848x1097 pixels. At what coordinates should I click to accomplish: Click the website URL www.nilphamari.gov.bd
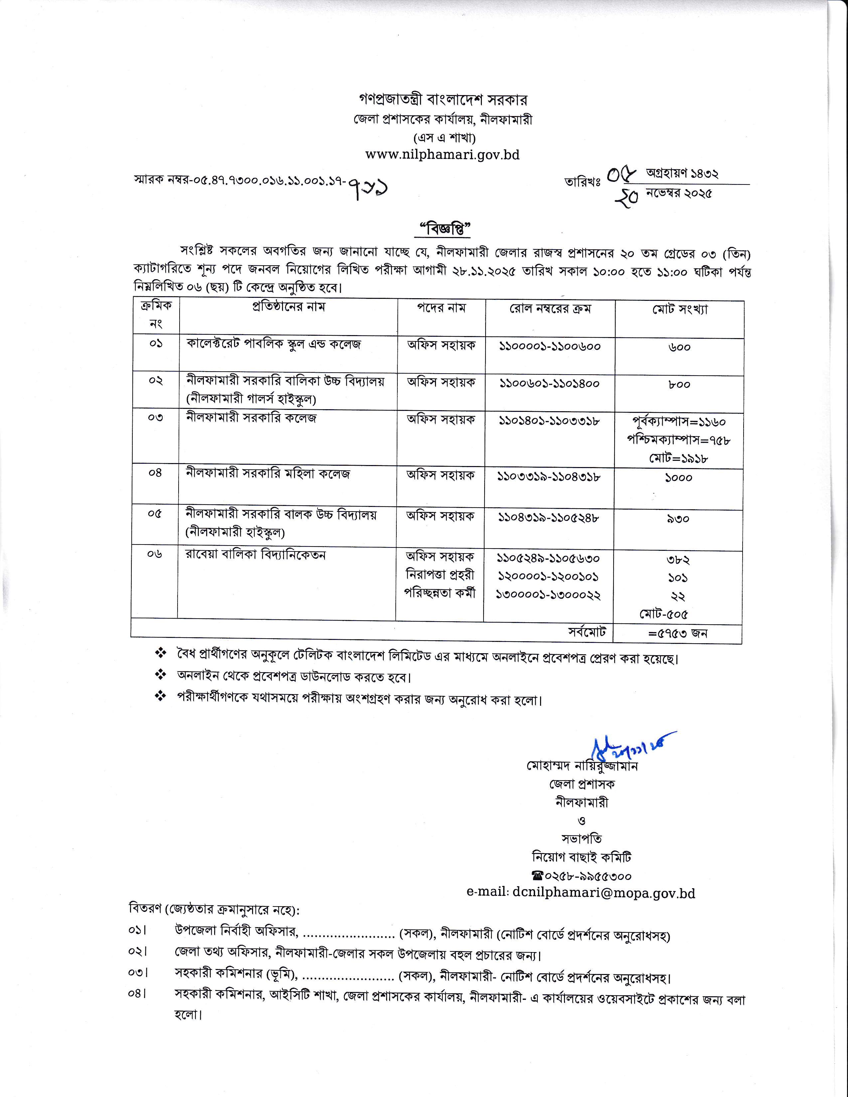tap(442, 155)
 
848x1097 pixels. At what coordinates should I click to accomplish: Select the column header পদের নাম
tap(441, 307)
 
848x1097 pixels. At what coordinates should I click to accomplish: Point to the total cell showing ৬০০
tap(679, 347)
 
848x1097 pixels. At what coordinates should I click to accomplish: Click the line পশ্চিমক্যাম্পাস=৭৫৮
tap(678, 440)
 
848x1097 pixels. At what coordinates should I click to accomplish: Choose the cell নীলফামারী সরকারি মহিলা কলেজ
tap(267, 474)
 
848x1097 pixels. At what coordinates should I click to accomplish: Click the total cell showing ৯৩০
tap(678, 518)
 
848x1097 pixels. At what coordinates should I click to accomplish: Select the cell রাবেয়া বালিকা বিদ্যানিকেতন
tap(255, 555)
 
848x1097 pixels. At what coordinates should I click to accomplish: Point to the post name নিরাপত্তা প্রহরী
tap(440, 575)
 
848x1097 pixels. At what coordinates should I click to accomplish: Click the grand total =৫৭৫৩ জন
tap(678, 633)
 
